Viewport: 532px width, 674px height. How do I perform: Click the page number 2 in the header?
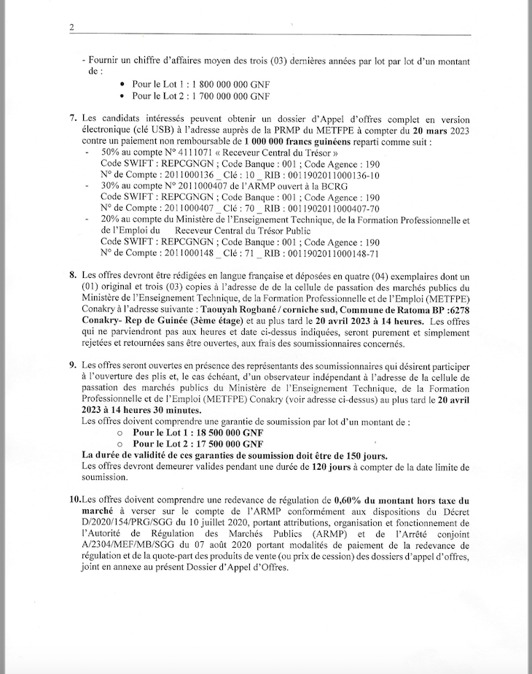click(x=72, y=28)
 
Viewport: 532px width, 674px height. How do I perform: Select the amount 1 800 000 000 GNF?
click(x=227, y=85)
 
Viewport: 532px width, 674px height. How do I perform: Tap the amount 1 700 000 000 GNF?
click(x=227, y=96)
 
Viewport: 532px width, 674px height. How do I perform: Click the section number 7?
click(x=72, y=118)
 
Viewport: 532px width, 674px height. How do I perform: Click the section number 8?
click(x=72, y=276)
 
